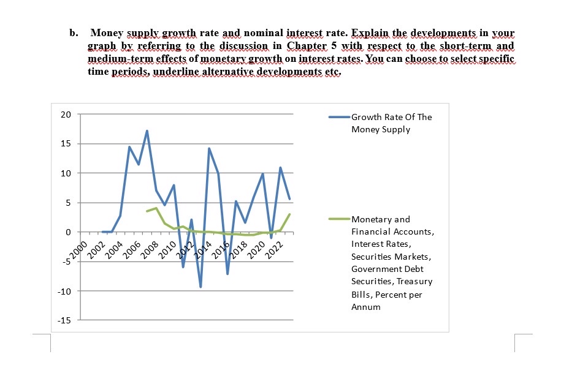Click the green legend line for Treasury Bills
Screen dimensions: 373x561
pyautogui.click(x=338, y=219)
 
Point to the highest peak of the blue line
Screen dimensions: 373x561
pyautogui.click(x=147, y=131)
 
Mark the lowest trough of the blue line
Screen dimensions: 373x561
pyautogui.click(x=200, y=287)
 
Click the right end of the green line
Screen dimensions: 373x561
pyautogui.click(x=289, y=214)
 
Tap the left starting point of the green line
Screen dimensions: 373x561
pyautogui.click(x=147, y=211)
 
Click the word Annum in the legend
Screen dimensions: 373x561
pyautogui.click(x=366, y=307)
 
